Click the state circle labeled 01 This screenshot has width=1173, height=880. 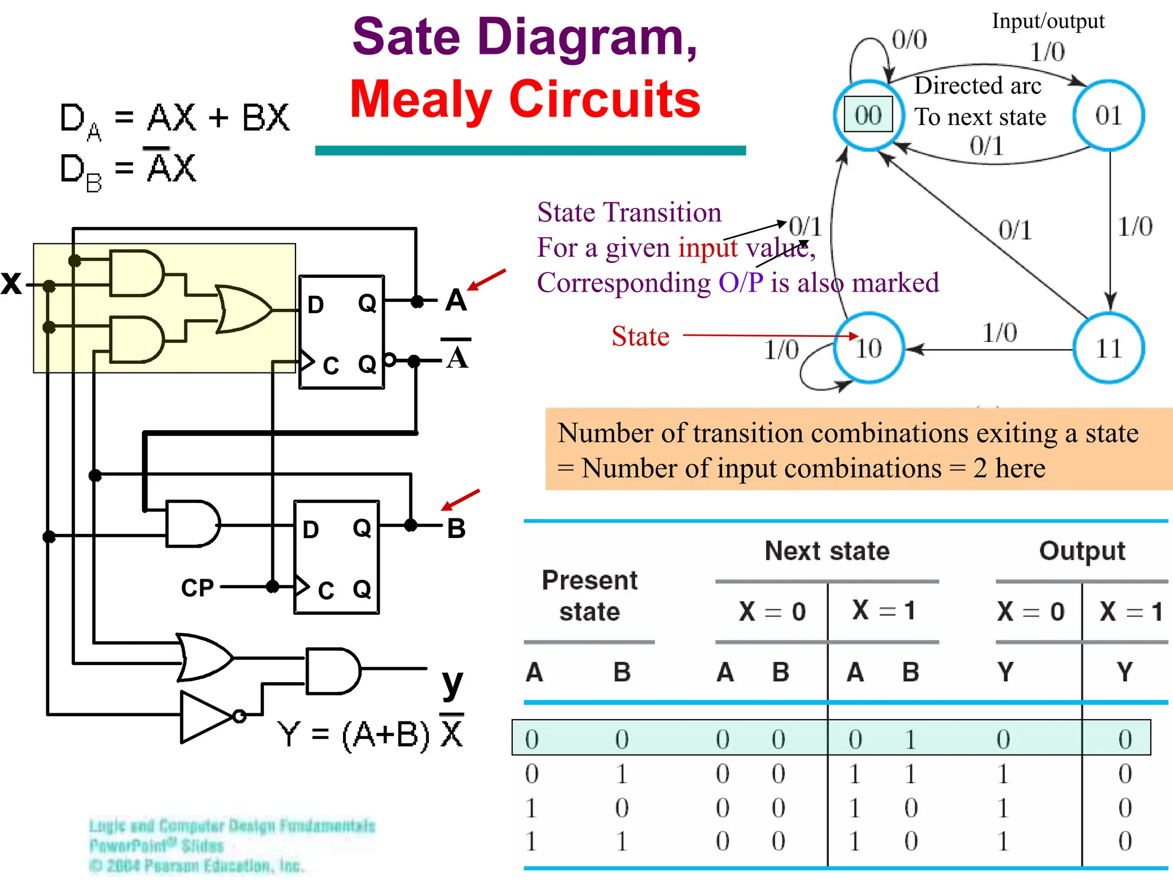coord(1108,116)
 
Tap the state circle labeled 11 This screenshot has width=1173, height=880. coord(1108,348)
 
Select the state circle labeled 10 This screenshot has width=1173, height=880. coord(869,348)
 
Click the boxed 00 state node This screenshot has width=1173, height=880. coord(868,115)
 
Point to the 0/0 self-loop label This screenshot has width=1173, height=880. coord(910,40)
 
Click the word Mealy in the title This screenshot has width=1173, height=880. coord(420,99)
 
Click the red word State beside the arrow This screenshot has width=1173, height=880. coord(640,336)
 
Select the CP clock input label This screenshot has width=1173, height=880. coord(197,588)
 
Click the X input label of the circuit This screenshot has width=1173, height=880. coord(11,283)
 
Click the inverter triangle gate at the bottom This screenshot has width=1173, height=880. coord(206,716)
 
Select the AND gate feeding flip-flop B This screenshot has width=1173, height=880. coord(192,524)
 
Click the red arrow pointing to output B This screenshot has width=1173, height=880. coord(460,500)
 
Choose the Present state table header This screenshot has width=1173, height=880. coord(589,596)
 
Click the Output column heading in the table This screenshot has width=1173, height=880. coord(1081,551)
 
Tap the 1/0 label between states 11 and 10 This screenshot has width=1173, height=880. coord(999,333)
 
